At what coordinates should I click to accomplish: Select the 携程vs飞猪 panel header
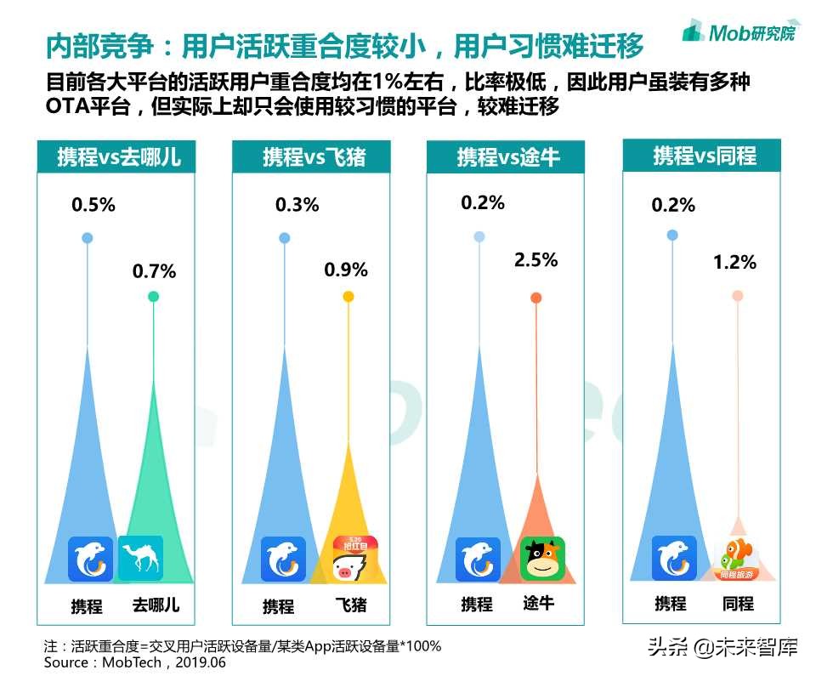314,157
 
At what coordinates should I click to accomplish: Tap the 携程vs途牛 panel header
508,157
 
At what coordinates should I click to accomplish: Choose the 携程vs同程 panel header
705,156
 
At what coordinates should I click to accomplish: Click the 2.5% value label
536,259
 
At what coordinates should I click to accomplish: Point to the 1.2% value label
734,262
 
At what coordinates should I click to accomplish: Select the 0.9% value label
346,270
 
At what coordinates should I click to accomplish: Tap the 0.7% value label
154,271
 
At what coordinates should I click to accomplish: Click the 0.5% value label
93,204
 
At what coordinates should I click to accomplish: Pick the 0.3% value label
297,204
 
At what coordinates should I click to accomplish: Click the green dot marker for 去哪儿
153,297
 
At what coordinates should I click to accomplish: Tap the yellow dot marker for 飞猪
348,297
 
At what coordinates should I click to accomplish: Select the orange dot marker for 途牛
536,298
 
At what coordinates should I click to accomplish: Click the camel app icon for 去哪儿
141,559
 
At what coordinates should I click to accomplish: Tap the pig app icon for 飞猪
355,559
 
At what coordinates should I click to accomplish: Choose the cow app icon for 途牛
543,559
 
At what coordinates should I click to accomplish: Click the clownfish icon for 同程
736,559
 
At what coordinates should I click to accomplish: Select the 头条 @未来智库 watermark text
722,648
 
